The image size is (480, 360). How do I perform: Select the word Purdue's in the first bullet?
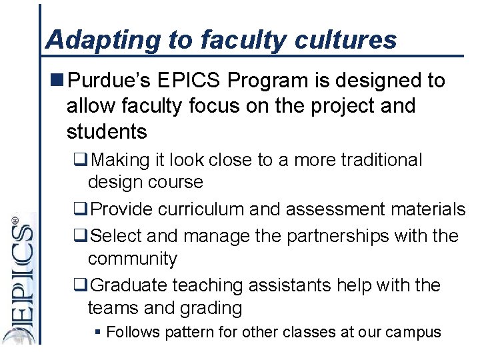(x=111, y=81)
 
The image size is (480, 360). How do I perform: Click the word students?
(x=107, y=131)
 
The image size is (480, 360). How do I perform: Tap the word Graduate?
(x=129, y=285)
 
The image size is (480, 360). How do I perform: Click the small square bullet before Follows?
(x=98, y=332)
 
